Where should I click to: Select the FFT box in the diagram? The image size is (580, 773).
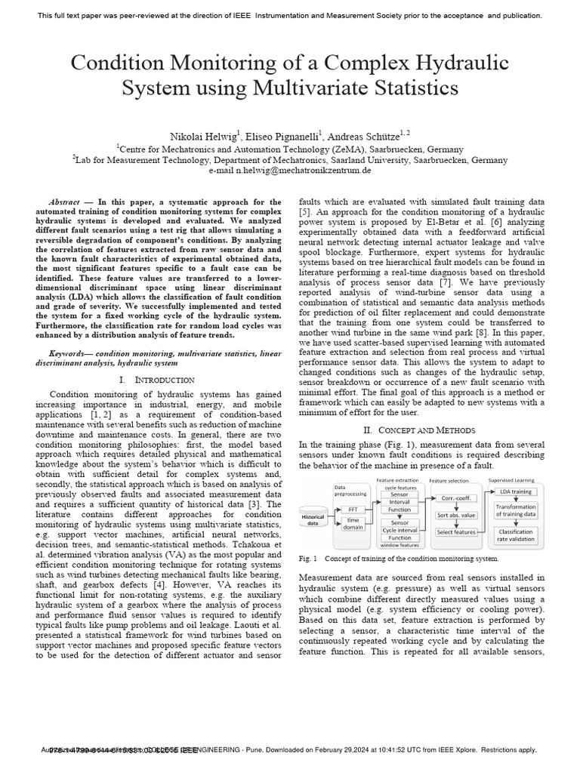(x=353, y=510)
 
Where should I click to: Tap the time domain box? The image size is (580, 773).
(x=353, y=524)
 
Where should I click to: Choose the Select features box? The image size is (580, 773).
(x=455, y=532)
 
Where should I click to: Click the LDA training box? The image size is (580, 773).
(x=515, y=491)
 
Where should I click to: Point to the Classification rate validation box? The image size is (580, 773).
(x=515, y=534)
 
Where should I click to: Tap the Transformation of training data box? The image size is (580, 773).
(x=515, y=510)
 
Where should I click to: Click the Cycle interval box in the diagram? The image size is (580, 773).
(x=400, y=530)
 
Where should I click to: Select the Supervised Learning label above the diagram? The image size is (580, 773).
(x=514, y=480)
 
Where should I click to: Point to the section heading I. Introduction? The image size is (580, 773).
(x=157, y=379)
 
